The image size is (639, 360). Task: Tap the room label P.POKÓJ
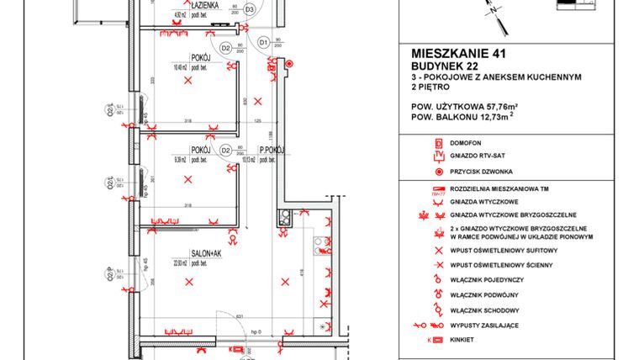click(x=273, y=151)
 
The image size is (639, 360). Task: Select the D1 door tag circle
click(x=263, y=42)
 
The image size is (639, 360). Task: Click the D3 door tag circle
click(x=249, y=9)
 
